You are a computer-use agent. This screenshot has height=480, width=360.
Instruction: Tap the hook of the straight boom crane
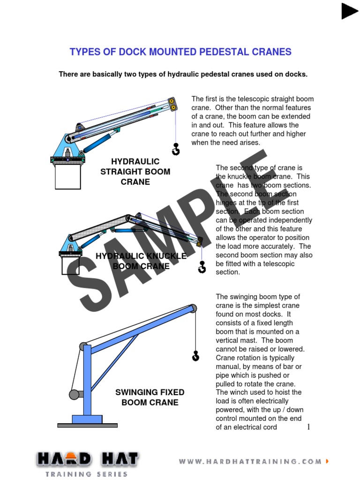click(176, 150)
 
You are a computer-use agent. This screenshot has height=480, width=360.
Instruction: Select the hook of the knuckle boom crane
click(202, 268)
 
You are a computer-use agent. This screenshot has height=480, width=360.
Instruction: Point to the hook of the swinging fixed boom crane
click(195, 356)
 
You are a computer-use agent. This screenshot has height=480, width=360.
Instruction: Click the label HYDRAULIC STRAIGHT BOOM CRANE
click(135, 172)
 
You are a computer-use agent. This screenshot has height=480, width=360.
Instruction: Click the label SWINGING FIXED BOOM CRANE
click(150, 397)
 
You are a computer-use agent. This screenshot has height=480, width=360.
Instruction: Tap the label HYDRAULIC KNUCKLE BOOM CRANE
click(141, 261)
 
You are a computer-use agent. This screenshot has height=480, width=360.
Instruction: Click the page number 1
click(308, 427)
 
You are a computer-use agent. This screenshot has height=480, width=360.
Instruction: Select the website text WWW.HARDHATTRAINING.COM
click(250, 462)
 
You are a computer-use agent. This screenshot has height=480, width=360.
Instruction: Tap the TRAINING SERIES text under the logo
click(87, 474)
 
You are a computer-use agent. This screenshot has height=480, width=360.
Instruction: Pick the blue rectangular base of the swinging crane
click(87, 419)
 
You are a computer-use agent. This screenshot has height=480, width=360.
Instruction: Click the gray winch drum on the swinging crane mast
click(75, 394)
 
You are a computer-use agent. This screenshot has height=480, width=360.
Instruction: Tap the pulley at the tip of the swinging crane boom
click(192, 308)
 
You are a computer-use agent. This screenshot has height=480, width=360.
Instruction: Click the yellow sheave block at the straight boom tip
click(172, 104)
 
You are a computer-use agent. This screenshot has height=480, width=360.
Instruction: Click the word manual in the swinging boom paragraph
click(230, 367)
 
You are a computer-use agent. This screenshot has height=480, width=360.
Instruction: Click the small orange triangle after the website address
click(327, 462)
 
